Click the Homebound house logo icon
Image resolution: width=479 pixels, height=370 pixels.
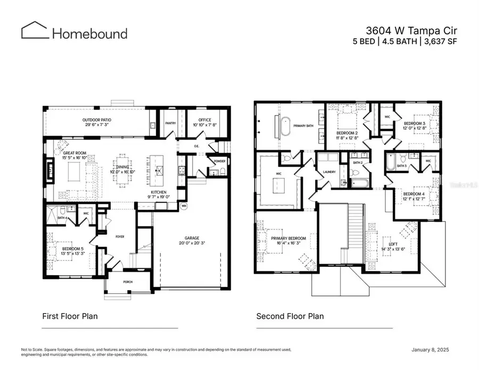click(x=35, y=30)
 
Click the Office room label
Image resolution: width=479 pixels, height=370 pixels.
click(x=204, y=120)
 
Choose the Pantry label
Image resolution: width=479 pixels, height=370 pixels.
click(x=170, y=123)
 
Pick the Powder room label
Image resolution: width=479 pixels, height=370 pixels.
click(x=219, y=161)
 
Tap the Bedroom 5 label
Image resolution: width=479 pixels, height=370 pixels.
click(x=72, y=249)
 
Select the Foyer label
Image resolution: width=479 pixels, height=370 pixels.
click(x=120, y=236)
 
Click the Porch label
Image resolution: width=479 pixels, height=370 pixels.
click(x=128, y=282)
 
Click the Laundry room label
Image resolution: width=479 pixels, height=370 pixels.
click(x=329, y=172)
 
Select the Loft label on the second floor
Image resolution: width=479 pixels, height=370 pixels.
click(x=393, y=244)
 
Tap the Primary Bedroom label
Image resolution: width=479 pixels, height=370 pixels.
click(x=288, y=238)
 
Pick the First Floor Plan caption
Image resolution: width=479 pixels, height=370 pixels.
click(x=70, y=316)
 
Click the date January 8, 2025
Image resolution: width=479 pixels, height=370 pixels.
click(x=434, y=350)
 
